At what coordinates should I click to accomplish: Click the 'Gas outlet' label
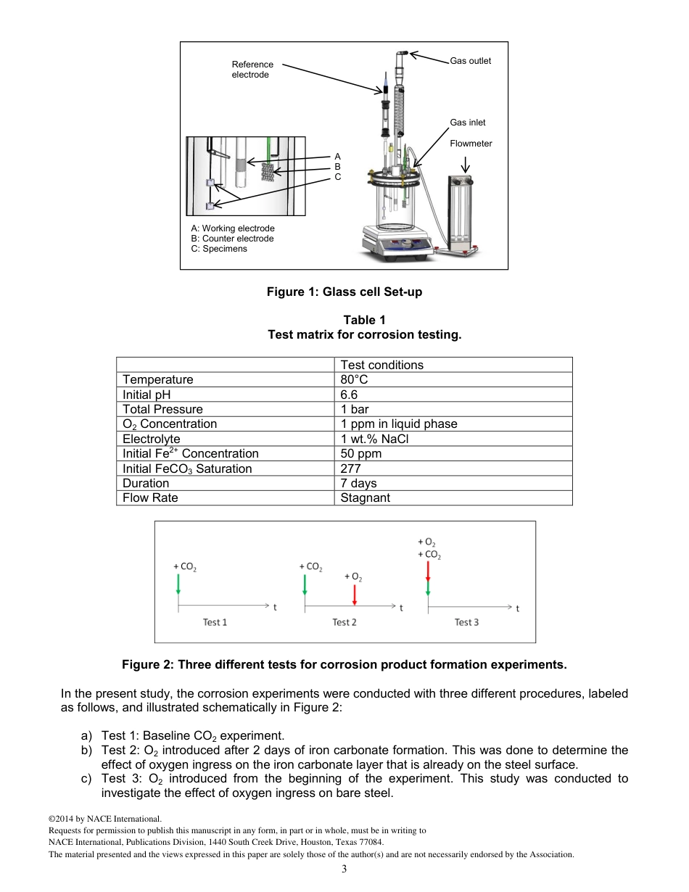(x=470, y=61)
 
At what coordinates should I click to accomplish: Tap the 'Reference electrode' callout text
(x=252, y=70)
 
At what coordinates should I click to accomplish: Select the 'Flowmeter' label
(x=471, y=144)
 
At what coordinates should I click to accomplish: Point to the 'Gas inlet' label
(x=468, y=123)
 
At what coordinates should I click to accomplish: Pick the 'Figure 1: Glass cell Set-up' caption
(x=344, y=292)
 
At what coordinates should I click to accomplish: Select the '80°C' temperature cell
(x=354, y=379)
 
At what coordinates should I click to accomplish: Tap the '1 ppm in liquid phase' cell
(x=398, y=424)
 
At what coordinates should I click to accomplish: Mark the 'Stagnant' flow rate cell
(x=365, y=498)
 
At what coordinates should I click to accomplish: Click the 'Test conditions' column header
(x=381, y=365)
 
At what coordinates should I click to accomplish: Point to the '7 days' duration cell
(x=358, y=483)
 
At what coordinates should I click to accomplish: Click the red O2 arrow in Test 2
(x=354, y=595)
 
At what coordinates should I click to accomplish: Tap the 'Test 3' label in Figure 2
(x=466, y=622)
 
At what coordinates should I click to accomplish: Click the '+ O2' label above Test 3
(x=427, y=542)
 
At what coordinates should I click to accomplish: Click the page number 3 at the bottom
(x=344, y=870)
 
